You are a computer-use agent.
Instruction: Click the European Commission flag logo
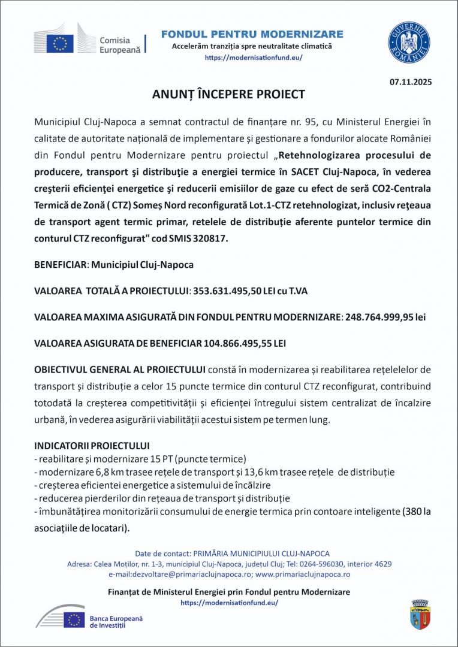(x=60, y=43)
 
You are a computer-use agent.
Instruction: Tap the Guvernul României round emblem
(x=408, y=42)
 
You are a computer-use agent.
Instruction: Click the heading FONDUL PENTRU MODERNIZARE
(x=252, y=34)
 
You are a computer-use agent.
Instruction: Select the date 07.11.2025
(x=410, y=81)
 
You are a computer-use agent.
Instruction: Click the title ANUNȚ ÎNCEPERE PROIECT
(x=228, y=95)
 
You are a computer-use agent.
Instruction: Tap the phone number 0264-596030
(x=322, y=564)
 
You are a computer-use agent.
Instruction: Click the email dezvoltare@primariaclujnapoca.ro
(x=183, y=574)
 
